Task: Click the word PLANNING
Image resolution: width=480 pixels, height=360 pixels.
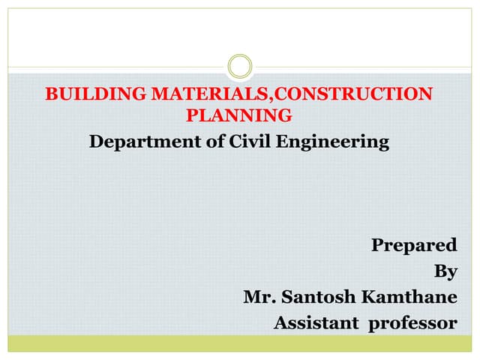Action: pyautogui.click(x=239, y=115)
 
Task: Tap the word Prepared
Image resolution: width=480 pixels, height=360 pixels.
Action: pyautogui.click(x=414, y=245)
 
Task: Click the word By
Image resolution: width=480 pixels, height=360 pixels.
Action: pyautogui.click(x=445, y=271)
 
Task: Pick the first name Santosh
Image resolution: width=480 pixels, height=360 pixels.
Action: pyautogui.click(x=316, y=297)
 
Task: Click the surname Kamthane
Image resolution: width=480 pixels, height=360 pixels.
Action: pyautogui.click(x=409, y=297)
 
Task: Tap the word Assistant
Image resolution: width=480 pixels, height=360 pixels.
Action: pyautogui.click(x=317, y=323)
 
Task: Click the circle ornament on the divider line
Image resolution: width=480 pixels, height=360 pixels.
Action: pyautogui.click(x=240, y=66)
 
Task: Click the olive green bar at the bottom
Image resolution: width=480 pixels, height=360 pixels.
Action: pyautogui.click(x=240, y=343)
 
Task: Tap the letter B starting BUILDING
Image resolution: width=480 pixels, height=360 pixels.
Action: pyautogui.click(x=52, y=95)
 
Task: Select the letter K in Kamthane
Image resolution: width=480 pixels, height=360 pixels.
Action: pyautogui.click(x=370, y=297)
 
